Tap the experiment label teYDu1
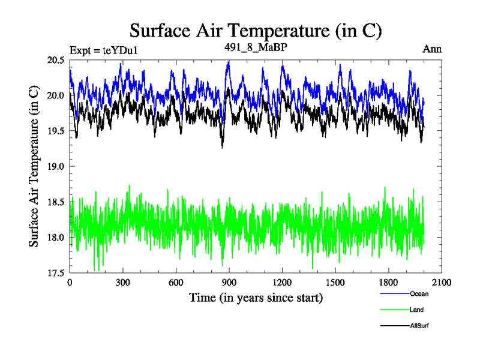point(104,49)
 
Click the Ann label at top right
point(432,49)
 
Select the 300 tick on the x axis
point(123,283)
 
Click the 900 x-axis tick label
point(229,283)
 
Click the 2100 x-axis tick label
point(440,283)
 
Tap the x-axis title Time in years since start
point(256,298)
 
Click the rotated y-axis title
point(34,166)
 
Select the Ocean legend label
point(419,294)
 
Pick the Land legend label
point(417,310)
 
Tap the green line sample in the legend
point(395,310)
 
